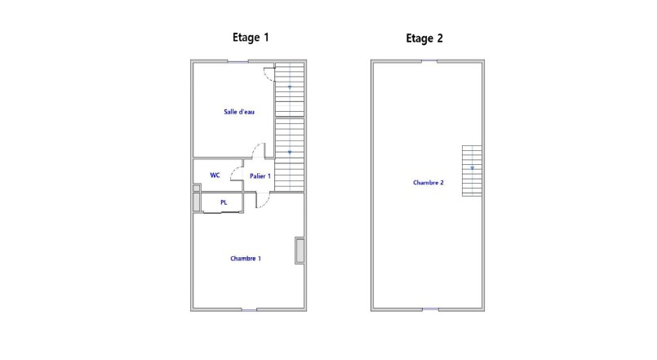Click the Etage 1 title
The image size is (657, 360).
click(x=251, y=38)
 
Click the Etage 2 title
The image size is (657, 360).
click(x=424, y=38)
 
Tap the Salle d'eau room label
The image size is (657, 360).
click(x=239, y=112)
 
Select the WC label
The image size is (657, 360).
click(x=215, y=176)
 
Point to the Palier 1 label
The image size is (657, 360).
click(x=260, y=176)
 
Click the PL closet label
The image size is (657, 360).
click(x=224, y=202)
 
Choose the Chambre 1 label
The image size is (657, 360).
click(x=246, y=259)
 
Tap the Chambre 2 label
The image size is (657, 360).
click(x=428, y=182)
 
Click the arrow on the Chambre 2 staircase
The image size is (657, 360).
click(x=473, y=168)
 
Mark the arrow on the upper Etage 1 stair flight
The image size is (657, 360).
click(x=290, y=87)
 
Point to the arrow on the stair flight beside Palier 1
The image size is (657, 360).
click(x=290, y=152)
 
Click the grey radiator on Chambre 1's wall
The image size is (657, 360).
click(x=300, y=251)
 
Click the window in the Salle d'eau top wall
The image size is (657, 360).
click(x=238, y=61)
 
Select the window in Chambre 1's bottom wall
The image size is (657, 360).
click(x=249, y=309)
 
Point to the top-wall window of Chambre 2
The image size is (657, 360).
click(x=429, y=61)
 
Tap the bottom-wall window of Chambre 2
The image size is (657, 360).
click(x=430, y=309)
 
